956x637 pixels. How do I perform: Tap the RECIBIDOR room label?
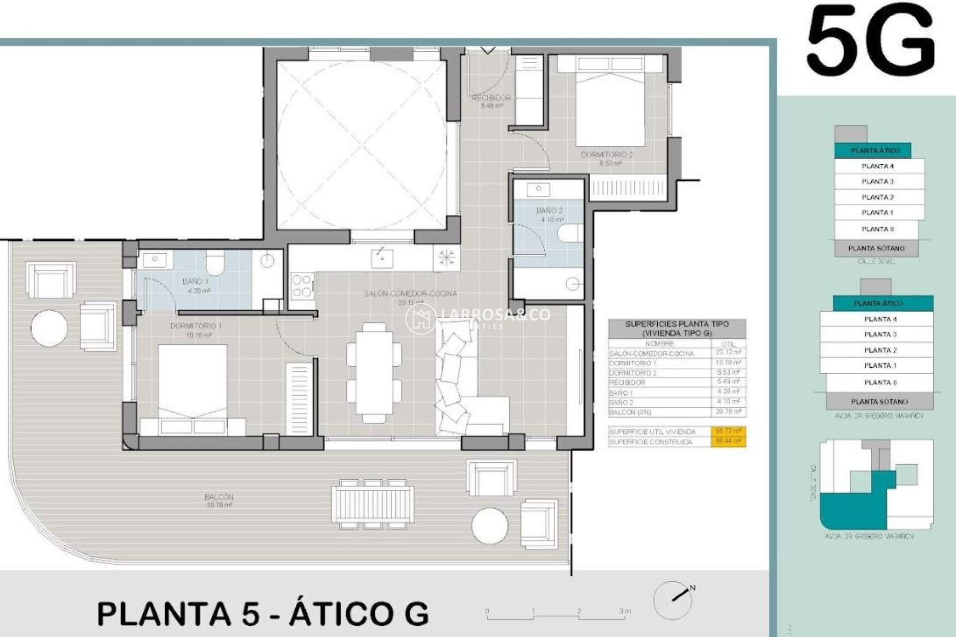(x=491, y=98)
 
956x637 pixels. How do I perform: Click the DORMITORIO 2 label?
(x=606, y=155)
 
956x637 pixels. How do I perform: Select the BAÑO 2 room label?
(x=550, y=211)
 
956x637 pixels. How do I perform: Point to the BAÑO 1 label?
(x=195, y=282)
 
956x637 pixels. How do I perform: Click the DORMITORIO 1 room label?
(x=196, y=326)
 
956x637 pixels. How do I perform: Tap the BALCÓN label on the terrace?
(x=219, y=497)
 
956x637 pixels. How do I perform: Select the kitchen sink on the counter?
(x=382, y=258)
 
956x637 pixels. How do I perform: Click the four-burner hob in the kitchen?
(x=302, y=286)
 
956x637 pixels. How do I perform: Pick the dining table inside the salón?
(x=374, y=372)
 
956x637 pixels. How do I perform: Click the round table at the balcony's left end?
(x=49, y=328)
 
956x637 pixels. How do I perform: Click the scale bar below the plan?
(x=556, y=617)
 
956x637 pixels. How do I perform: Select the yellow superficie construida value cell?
(x=728, y=441)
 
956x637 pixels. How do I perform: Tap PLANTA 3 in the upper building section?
(x=877, y=182)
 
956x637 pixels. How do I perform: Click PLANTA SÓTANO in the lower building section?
(x=879, y=402)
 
